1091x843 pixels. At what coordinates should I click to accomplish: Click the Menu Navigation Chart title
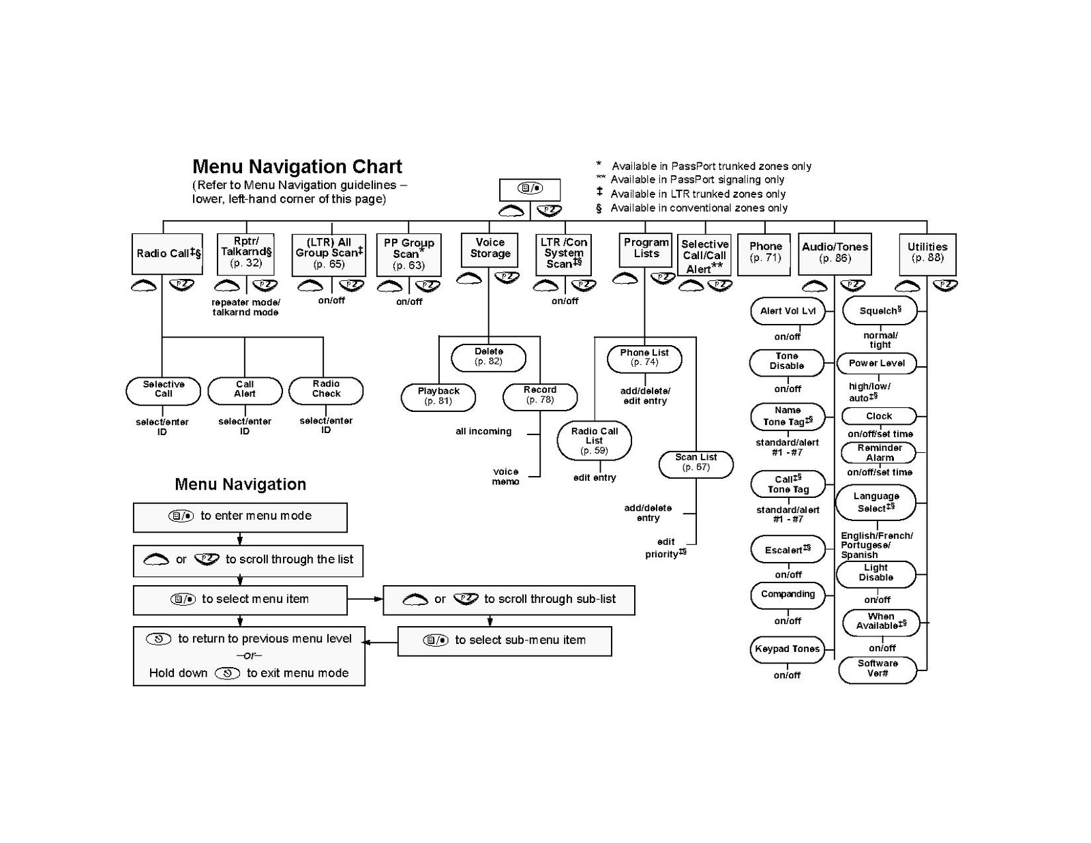pos(297,166)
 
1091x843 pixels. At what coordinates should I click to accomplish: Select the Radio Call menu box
pos(167,254)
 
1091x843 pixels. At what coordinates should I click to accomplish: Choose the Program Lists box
pos(645,250)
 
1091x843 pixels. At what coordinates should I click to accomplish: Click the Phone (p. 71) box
pos(764,254)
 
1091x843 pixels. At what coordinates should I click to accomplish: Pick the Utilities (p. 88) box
pos(927,254)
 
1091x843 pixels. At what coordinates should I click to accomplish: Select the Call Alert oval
pos(245,390)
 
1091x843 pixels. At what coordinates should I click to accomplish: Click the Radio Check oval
pos(326,390)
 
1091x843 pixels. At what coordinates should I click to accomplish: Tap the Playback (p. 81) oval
pos(438,397)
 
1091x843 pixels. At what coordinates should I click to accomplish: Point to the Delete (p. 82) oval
pos(488,357)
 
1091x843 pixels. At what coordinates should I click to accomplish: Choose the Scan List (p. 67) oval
pos(696,464)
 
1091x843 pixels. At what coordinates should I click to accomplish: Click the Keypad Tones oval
pos(787,649)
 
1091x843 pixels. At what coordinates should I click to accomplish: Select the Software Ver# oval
pos(877,670)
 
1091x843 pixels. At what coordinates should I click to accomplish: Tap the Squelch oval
pos(880,311)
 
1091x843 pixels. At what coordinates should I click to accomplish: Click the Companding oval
pos(788,595)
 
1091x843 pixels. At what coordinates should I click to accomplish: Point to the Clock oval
pos(879,416)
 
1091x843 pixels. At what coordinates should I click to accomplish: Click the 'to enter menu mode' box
pos(240,517)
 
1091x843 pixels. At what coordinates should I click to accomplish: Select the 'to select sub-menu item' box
pos(505,640)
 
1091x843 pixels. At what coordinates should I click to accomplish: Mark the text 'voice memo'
pos(505,477)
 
